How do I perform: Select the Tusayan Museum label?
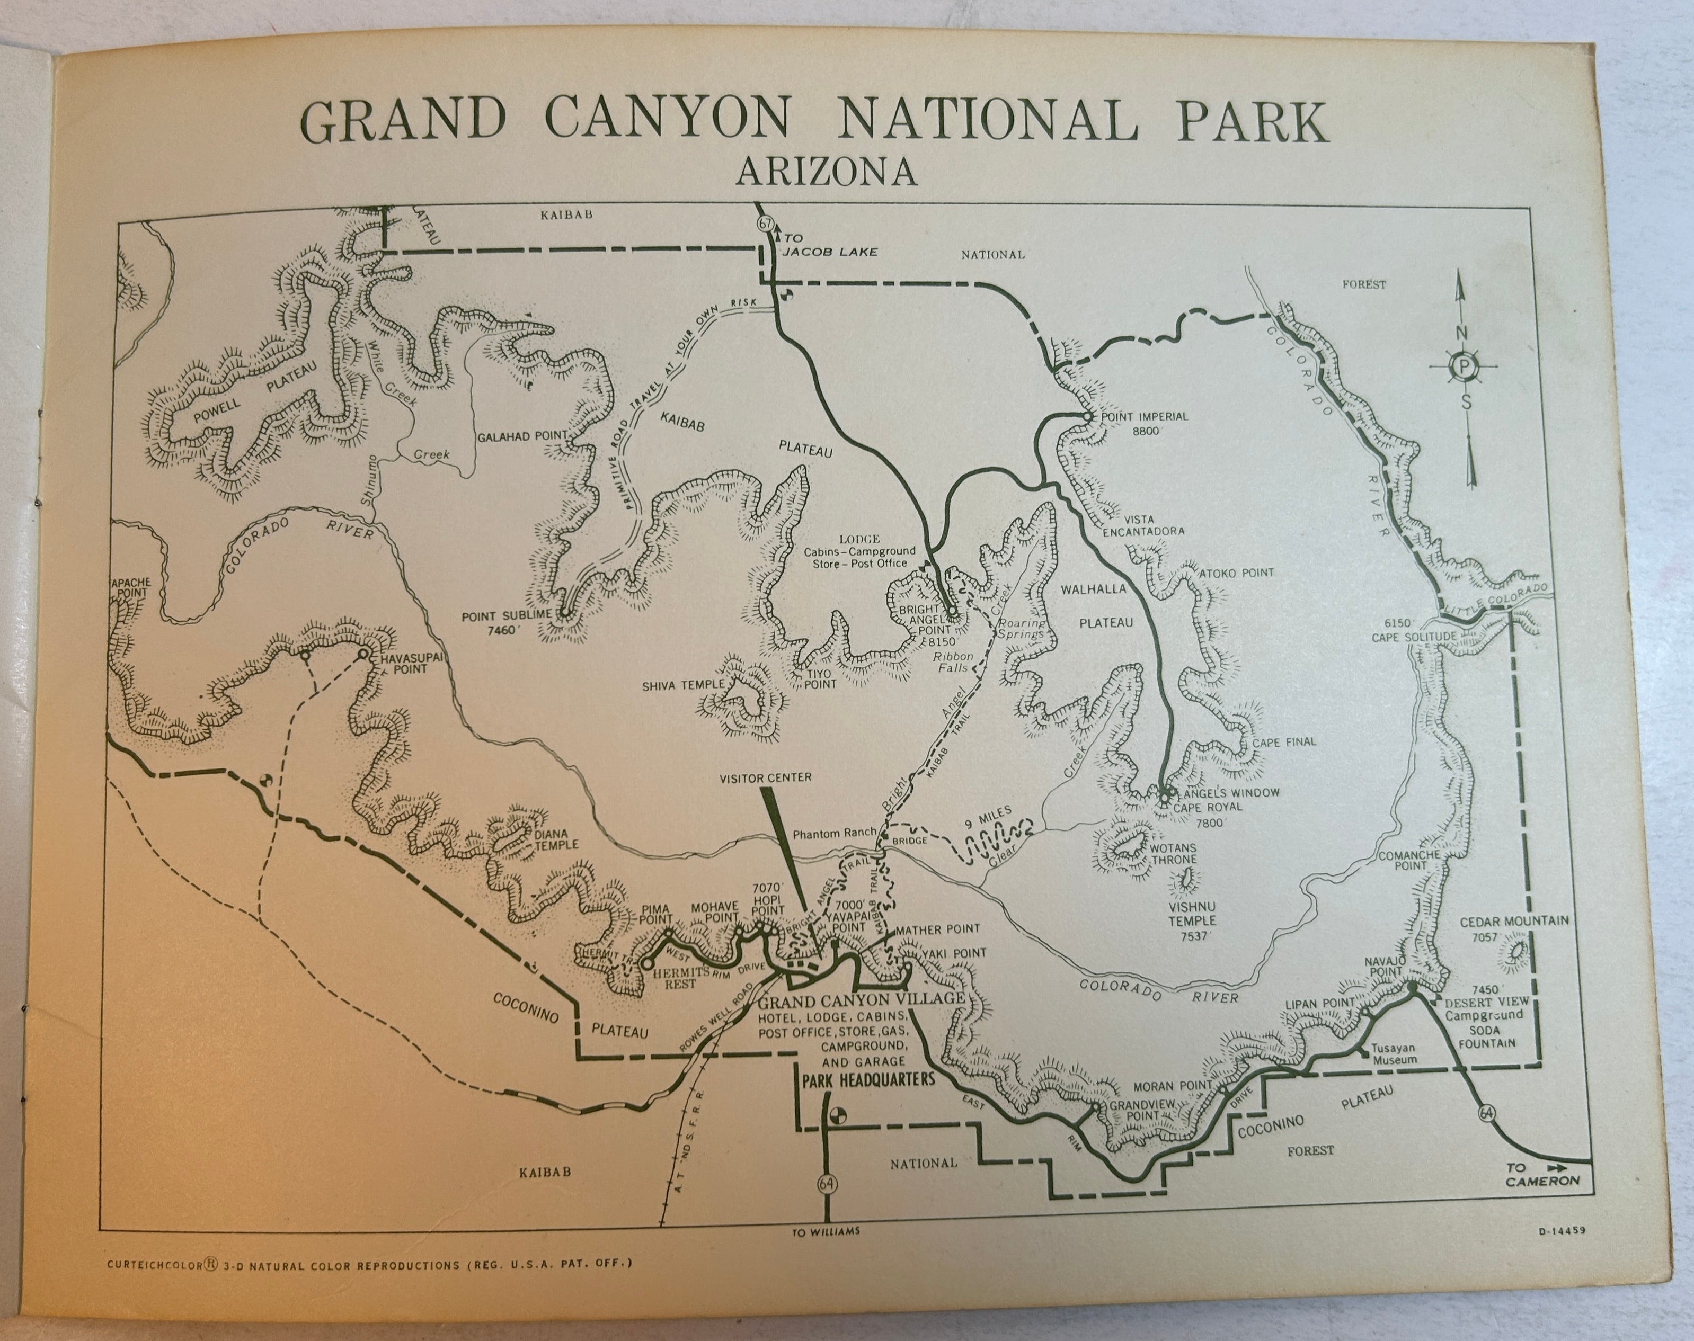[1394, 1054]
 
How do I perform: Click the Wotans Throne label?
[1173, 853]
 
